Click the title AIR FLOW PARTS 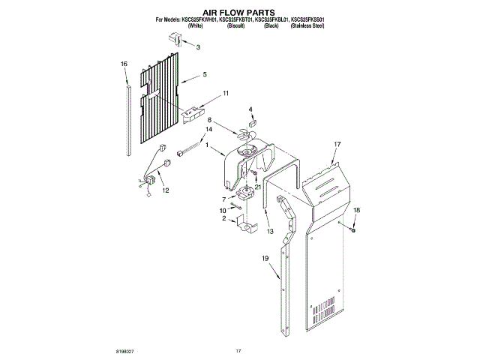(239, 13)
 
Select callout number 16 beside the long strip (124, 64)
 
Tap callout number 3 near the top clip (198, 47)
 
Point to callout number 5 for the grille (205, 75)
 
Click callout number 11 (224, 94)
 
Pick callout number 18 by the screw (356, 211)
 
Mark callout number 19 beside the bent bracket (265, 259)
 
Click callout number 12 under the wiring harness (165, 190)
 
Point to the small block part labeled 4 (252, 125)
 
